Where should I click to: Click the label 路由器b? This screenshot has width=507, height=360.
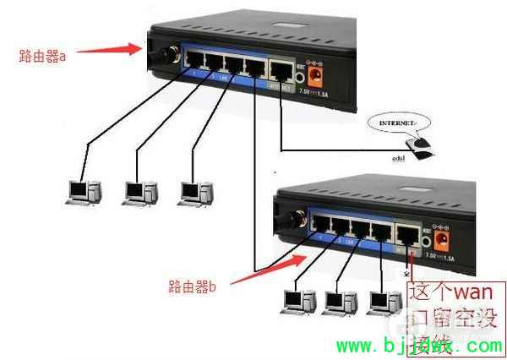coord(192,287)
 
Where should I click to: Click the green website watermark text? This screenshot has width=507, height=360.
coord(419,346)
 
